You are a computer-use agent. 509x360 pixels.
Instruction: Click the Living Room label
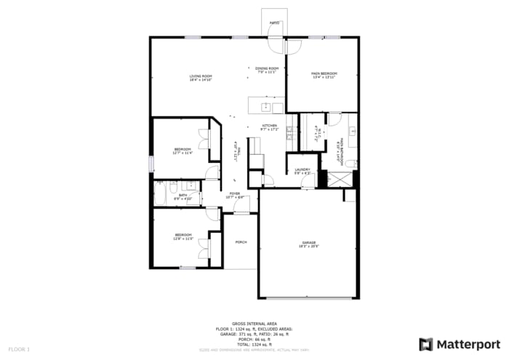[x=201, y=78]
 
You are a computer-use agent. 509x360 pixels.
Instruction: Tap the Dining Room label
[x=266, y=70]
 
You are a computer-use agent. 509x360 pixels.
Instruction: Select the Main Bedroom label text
[x=324, y=75]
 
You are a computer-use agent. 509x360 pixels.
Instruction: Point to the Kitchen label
[x=269, y=127]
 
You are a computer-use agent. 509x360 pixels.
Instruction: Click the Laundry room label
[x=302, y=172]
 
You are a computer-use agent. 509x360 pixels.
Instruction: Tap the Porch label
[x=241, y=241]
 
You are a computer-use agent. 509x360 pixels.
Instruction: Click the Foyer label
[x=235, y=195]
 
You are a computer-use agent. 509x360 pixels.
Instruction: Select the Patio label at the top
[x=274, y=23]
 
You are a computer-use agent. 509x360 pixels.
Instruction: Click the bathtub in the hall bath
[x=160, y=194]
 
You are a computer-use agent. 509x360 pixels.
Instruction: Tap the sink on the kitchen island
[x=266, y=107]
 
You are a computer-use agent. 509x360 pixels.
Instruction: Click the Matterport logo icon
[x=426, y=344]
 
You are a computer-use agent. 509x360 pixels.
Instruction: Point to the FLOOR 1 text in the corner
[x=19, y=350]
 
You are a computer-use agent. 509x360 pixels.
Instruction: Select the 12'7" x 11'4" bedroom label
[x=182, y=151]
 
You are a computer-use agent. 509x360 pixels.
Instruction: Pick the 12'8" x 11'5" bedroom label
[x=183, y=236]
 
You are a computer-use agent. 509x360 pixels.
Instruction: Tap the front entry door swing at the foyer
[x=248, y=207]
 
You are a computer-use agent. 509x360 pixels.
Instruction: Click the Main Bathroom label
[x=339, y=149]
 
